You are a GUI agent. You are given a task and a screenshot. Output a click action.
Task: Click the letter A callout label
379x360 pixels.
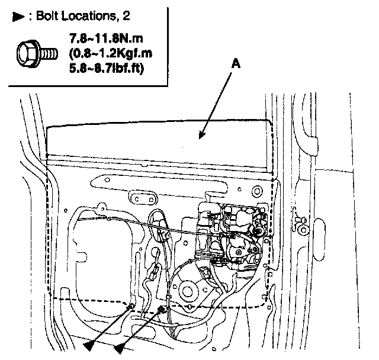tap(236, 66)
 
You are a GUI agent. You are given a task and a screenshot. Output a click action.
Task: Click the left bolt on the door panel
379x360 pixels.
tap(130, 306)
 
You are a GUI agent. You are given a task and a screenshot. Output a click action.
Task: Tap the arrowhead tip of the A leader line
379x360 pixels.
tap(200, 138)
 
